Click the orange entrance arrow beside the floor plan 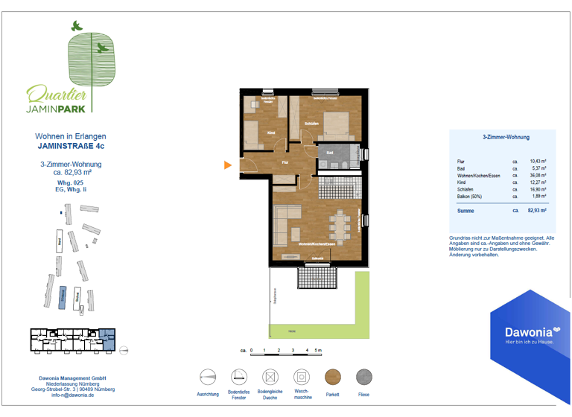point(229,165)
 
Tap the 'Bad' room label point(330,152)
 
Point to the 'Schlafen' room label point(312,123)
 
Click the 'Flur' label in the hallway point(285,162)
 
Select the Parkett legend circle point(332,377)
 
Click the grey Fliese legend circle point(364,377)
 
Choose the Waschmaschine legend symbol point(301,377)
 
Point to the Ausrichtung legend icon point(208,377)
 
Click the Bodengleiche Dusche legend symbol point(270,377)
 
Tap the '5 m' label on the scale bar point(318,349)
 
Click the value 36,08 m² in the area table point(538,175)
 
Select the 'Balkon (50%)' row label point(469,197)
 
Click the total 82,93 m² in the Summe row point(536,211)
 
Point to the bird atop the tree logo point(75,26)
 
